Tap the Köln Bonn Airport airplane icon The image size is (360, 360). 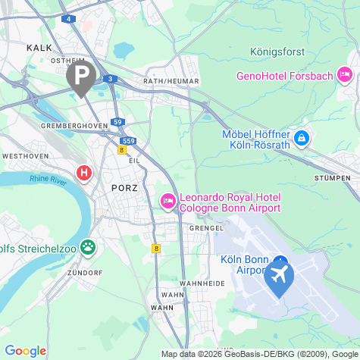279,277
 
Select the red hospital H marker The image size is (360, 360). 84,174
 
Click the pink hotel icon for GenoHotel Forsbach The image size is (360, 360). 345,74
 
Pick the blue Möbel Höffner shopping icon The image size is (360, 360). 302,139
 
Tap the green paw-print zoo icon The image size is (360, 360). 89,246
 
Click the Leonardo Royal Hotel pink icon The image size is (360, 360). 167,201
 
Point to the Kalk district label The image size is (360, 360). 39,47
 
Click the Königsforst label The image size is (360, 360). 277,52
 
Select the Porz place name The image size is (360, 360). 124,186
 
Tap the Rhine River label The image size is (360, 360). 48,179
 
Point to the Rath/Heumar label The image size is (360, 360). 171,81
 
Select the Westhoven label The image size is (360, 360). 25,155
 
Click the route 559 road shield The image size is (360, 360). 128,141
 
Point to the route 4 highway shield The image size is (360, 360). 70,18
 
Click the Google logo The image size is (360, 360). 25,350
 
